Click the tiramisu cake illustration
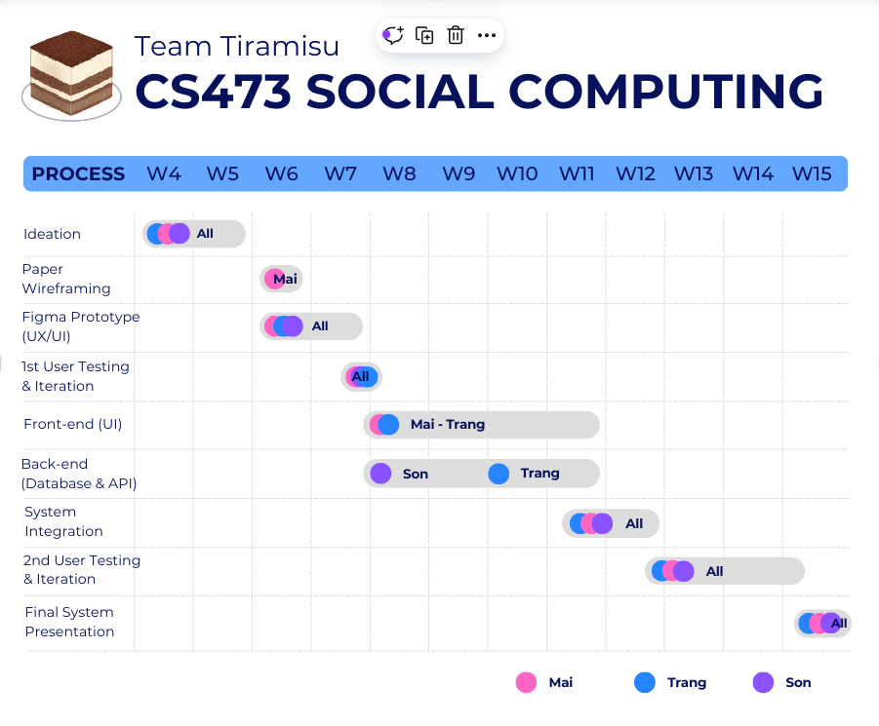click(x=71, y=74)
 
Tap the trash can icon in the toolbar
click(x=456, y=36)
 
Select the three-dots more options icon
click(x=487, y=36)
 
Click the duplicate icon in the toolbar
click(x=424, y=36)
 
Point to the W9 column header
click(x=459, y=174)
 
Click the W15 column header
click(x=812, y=174)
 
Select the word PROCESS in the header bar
click(x=78, y=174)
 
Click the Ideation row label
click(x=52, y=234)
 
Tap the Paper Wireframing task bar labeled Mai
click(x=282, y=279)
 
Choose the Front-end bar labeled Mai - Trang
click(x=482, y=425)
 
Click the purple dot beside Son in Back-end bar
click(x=381, y=474)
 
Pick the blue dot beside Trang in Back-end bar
click(x=499, y=474)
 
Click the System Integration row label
click(x=63, y=521)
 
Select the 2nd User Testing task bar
click(x=725, y=571)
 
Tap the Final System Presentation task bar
click(x=823, y=624)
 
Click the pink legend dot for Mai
click(x=527, y=682)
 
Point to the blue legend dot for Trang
click(x=645, y=682)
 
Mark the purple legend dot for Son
click(x=763, y=682)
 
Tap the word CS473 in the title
click(x=213, y=92)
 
